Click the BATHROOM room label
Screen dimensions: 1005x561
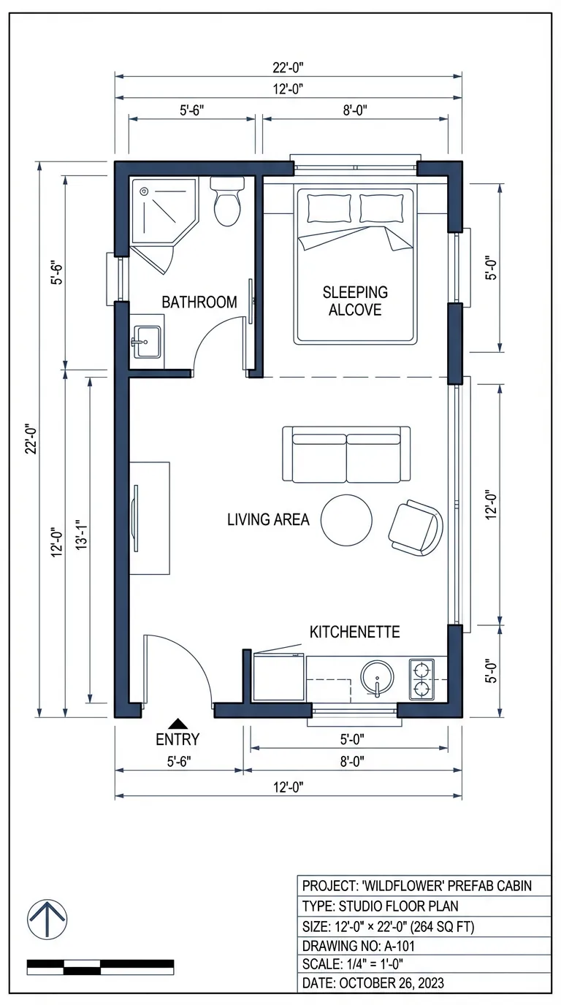pos(199,302)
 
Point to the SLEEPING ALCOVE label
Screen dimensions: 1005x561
pos(355,300)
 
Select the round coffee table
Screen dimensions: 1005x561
pos(348,519)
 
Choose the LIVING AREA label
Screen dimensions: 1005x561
pos(268,520)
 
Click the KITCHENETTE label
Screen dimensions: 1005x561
pos(355,632)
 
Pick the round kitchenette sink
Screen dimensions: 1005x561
pos(377,679)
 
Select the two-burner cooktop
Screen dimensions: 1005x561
pos(421,679)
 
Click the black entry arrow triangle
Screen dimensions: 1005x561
pos(178,722)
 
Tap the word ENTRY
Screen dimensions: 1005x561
pos(178,739)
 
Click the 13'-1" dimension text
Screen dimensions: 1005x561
pos(81,541)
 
